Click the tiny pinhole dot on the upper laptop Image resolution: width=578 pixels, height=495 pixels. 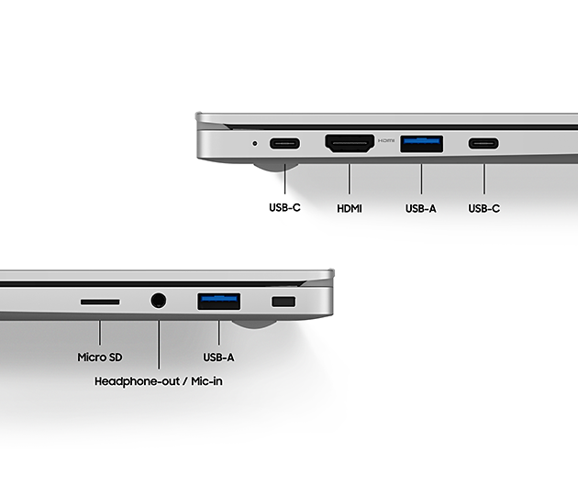tap(255, 143)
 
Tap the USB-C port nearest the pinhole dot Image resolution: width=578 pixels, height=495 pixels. tap(284, 143)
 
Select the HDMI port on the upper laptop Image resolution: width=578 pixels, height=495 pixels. tap(350, 143)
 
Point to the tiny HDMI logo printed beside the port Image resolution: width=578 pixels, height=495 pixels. tap(386, 140)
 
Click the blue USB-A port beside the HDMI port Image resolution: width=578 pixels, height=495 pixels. tap(422, 144)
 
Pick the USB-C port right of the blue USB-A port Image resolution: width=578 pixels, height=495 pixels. tap(484, 143)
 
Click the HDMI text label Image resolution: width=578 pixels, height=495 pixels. tap(350, 208)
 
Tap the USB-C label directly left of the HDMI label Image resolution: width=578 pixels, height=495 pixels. tap(284, 208)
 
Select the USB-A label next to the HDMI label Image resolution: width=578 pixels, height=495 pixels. tap(420, 208)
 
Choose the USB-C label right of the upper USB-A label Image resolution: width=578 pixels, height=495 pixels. tap(484, 208)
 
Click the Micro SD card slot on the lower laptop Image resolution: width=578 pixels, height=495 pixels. tap(100, 302)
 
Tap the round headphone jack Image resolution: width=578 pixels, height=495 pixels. tap(159, 301)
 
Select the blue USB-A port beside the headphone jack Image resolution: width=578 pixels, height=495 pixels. tap(219, 302)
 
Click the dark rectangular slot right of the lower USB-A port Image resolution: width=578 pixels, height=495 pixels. tap(283, 302)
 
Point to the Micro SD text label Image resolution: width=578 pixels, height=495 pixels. tap(99, 357)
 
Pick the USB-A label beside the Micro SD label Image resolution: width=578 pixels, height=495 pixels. tap(218, 357)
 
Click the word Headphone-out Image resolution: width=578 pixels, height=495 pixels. tap(137, 381)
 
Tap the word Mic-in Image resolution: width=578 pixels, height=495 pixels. tap(206, 381)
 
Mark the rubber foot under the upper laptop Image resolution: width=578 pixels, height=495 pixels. tap(276, 167)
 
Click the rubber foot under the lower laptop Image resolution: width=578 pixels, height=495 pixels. tap(254, 324)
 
